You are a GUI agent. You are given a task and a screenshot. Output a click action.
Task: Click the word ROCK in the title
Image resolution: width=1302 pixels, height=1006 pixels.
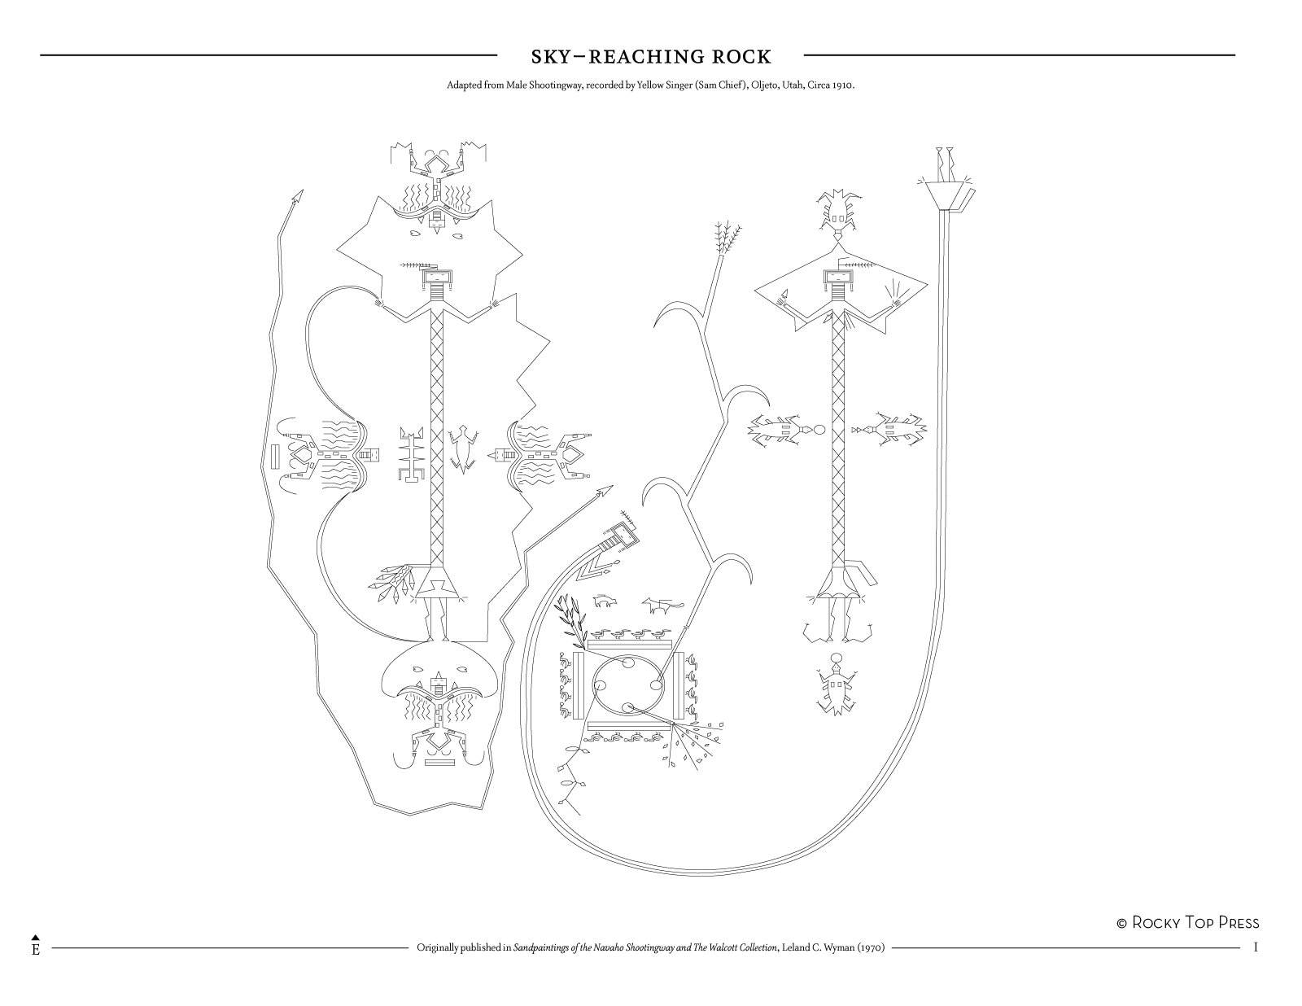pos(741,56)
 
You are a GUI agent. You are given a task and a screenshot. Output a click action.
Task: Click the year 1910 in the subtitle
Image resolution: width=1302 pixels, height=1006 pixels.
pos(841,85)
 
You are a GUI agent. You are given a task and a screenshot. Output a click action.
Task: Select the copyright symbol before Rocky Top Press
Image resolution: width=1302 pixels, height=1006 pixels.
pos(1121,923)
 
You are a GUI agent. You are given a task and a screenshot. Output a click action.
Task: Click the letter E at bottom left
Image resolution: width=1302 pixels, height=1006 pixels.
pos(36,950)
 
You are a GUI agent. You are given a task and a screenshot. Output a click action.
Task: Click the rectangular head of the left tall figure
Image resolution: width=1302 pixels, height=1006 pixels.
pos(436,282)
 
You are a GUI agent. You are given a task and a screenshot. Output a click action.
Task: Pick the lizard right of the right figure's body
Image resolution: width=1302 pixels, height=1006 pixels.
pos(893,428)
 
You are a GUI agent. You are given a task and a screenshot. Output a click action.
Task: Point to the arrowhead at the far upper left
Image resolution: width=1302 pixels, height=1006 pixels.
pos(297,195)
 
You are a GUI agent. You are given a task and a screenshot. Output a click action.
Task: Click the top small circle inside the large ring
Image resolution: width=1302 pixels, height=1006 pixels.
pos(629,663)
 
